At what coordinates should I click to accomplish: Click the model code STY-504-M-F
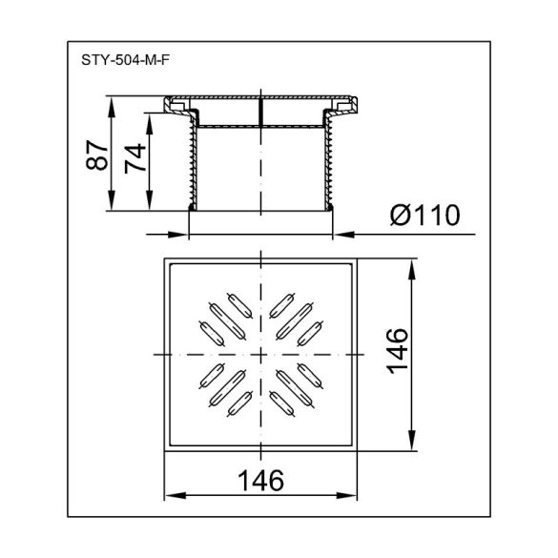click(125, 60)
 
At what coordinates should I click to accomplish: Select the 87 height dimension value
click(96, 155)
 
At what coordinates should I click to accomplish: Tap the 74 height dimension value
click(135, 158)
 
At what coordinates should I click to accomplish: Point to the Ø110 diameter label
click(424, 215)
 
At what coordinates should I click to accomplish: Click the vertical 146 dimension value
click(398, 351)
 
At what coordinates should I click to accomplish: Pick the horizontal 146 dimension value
click(260, 481)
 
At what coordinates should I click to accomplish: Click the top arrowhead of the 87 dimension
click(112, 107)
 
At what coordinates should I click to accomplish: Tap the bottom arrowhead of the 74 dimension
click(150, 200)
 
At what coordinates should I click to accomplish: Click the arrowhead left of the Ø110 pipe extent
click(178, 234)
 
